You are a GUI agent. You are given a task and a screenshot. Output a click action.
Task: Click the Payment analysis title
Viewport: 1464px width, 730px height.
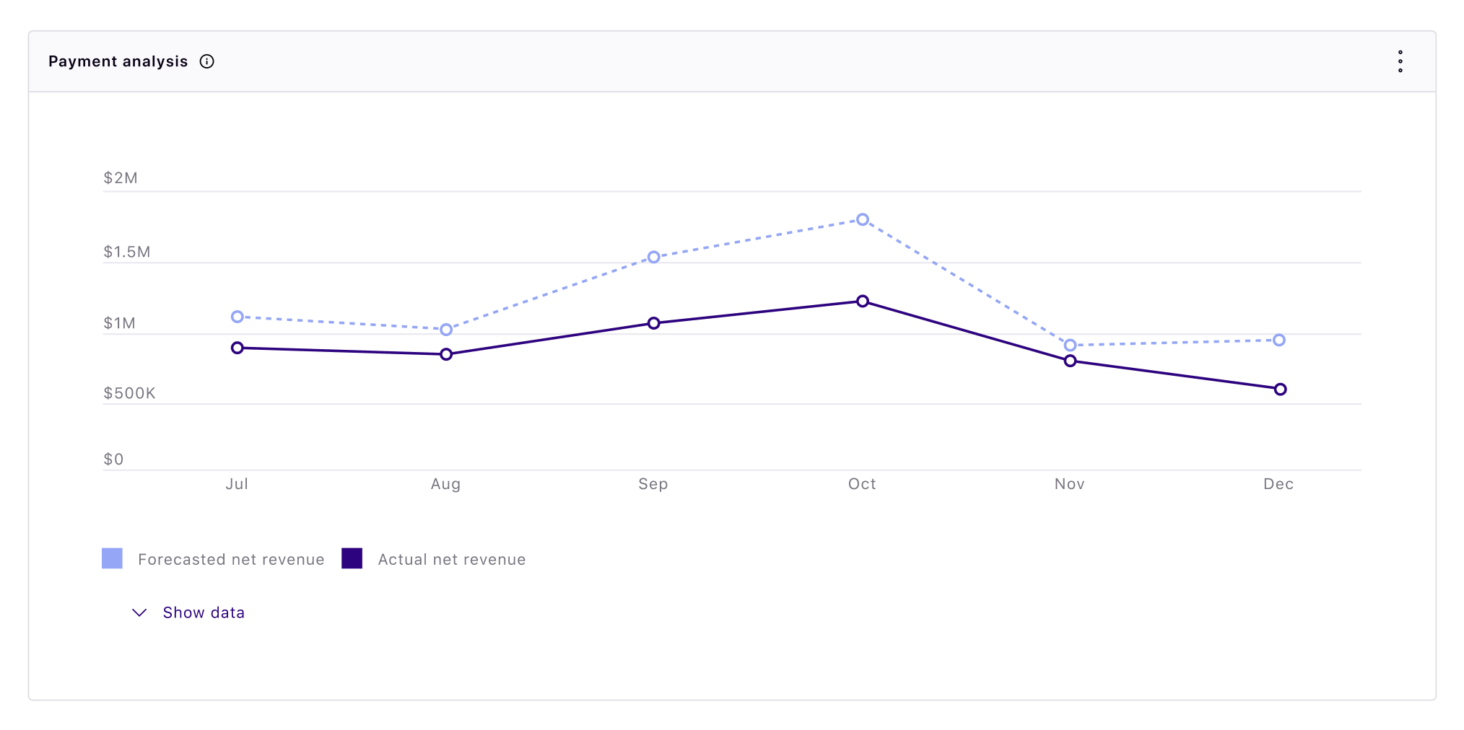click(x=118, y=61)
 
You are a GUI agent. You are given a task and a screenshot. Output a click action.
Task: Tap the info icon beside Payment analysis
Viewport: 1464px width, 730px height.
click(x=207, y=61)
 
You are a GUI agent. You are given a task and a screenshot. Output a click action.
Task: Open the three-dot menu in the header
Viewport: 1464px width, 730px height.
click(x=1400, y=61)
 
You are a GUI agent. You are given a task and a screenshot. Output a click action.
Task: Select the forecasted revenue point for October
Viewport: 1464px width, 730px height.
click(x=863, y=219)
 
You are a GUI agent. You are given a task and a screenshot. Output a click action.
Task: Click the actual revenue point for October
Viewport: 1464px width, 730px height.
click(x=863, y=301)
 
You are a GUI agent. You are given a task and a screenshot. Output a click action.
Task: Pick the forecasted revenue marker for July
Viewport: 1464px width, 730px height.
click(x=238, y=317)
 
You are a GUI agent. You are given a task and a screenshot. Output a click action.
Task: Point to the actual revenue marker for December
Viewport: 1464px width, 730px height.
click(x=1280, y=390)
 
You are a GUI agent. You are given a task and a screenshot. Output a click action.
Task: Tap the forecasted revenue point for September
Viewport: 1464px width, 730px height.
click(x=654, y=257)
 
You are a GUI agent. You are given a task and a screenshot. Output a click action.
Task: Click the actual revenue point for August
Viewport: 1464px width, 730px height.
click(x=446, y=354)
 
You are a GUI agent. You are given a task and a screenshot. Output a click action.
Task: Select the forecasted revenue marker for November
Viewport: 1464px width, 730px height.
click(x=1071, y=346)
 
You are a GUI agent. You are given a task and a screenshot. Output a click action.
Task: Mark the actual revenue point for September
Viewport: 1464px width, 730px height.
click(x=654, y=323)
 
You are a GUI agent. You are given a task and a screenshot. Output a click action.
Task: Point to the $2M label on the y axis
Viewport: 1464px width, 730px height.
click(x=121, y=178)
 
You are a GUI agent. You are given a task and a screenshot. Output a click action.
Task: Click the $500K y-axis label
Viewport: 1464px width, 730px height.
click(x=129, y=393)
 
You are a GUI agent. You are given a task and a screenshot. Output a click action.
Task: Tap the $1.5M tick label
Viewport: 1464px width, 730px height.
click(x=127, y=252)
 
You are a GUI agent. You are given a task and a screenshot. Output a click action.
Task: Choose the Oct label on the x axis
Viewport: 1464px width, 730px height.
click(x=862, y=484)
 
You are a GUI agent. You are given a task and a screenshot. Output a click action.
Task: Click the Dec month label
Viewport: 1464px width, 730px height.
click(x=1278, y=484)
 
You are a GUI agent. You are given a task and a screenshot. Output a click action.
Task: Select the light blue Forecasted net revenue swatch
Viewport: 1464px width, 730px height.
click(x=112, y=558)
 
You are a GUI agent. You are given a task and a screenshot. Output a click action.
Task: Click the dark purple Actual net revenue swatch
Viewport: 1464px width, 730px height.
click(x=352, y=558)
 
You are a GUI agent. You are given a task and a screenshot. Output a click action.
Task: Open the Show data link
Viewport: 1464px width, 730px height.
click(x=204, y=612)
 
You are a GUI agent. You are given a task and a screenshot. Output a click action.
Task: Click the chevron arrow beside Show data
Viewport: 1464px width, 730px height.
click(x=139, y=612)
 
